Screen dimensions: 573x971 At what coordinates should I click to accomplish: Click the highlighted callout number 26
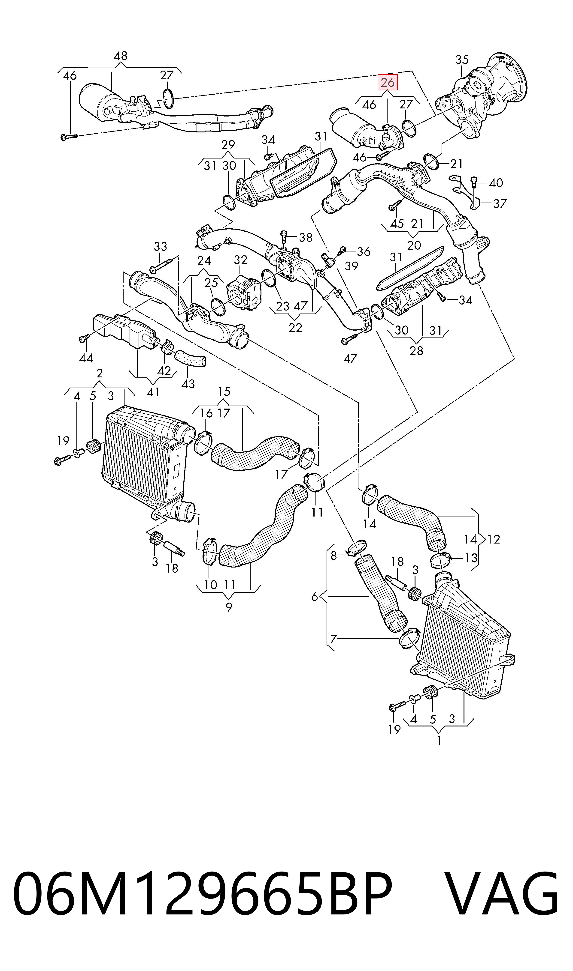388,82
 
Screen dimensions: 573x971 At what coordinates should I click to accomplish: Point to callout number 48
121,56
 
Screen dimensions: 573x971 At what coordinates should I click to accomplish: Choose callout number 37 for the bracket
500,203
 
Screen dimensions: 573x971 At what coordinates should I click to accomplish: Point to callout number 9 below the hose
229,607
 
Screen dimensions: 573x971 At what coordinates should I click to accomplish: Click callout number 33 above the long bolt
160,246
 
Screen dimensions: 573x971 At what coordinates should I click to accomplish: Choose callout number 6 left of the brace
315,597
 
